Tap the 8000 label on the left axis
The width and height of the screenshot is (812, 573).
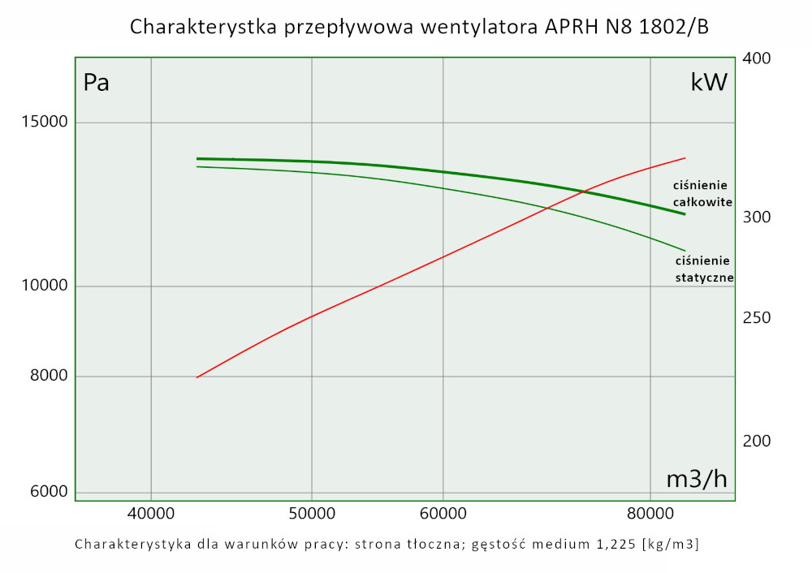coord(47,376)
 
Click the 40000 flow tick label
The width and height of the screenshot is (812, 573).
coord(151,514)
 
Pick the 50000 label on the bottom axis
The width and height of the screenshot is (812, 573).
coord(312,514)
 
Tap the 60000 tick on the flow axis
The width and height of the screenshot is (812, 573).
coord(443,514)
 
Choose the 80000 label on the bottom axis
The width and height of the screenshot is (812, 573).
coord(650,514)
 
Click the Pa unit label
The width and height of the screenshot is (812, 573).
coord(97,83)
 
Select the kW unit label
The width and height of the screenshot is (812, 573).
coord(708,83)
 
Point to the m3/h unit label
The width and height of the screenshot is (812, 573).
coord(697,479)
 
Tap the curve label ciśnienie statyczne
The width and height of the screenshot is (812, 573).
coord(704,269)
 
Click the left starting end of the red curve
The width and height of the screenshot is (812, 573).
coord(197,377)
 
